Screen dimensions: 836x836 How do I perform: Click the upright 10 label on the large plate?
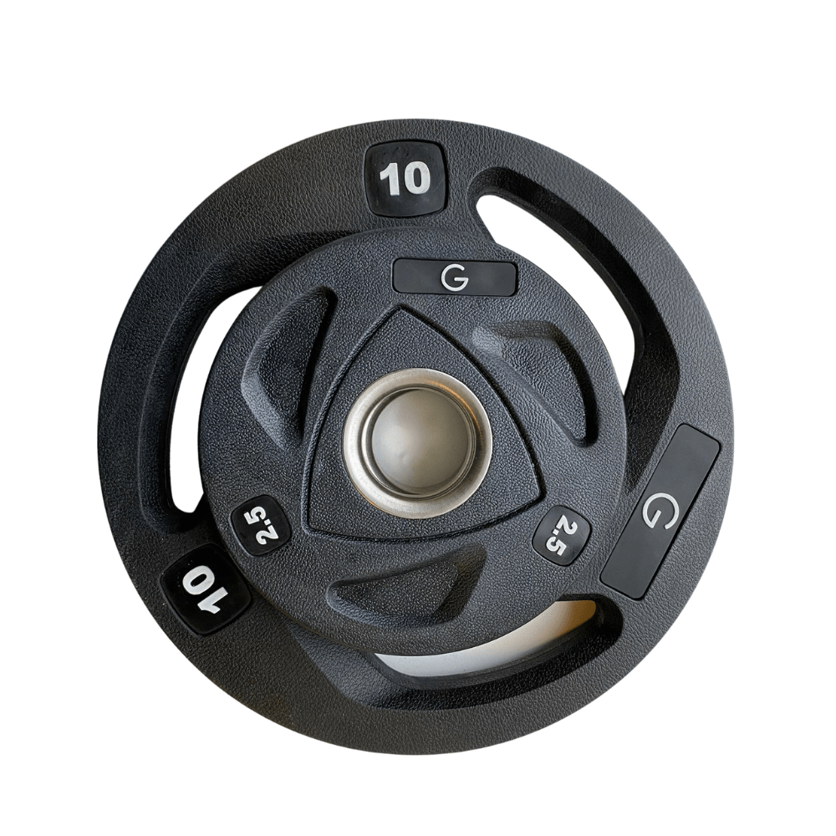pyautogui.click(x=405, y=178)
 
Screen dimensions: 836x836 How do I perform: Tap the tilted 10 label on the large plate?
pyautogui.click(x=206, y=589)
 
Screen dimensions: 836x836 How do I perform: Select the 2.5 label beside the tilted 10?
pyautogui.click(x=261, y=525)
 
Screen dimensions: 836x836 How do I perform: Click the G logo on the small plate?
pyautogui.click(x=454, y=278)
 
